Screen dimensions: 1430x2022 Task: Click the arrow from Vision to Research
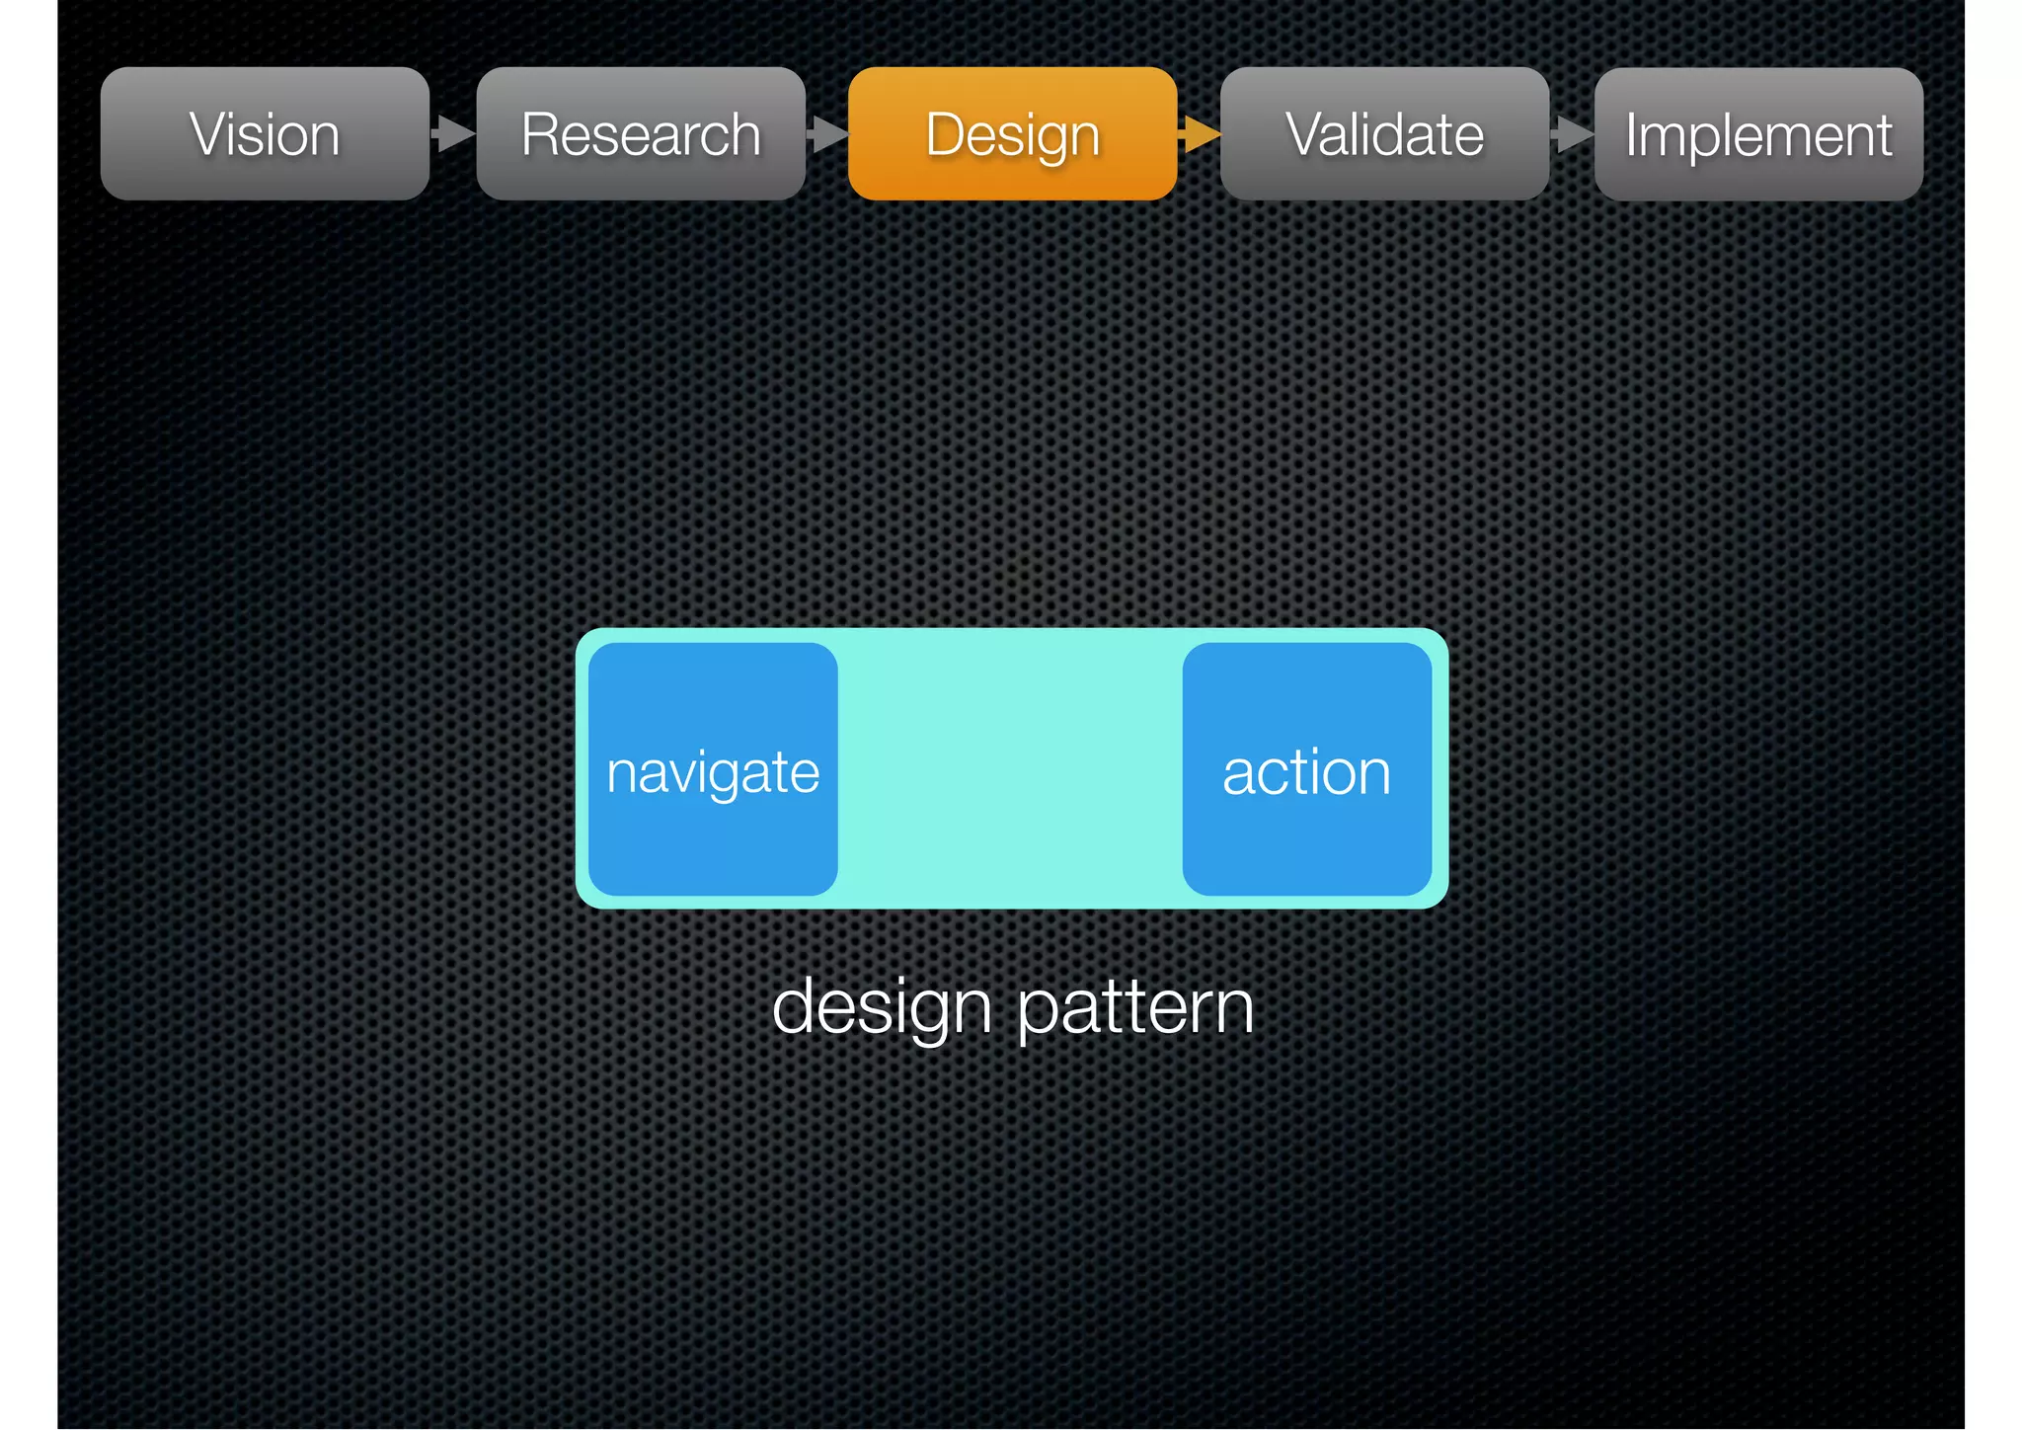click(x=454, y=133)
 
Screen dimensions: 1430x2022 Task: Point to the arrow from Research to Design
click(x=827, y=133)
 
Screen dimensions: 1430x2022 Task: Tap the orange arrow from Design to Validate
click(x=1200, y=133)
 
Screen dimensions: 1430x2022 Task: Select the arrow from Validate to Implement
click(x=1572, y=133)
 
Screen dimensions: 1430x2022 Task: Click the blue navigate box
click(x=713, y=691)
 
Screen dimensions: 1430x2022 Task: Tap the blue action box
click(x=1306, y=691)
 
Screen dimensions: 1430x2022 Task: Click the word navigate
click(x=713, y=773)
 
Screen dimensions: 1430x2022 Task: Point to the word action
click(x=1306, y=773)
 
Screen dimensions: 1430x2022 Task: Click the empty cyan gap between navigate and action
click(x=1010, y=769)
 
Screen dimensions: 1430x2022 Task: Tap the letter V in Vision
click(x=209, y=134)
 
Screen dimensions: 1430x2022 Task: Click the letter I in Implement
click(x=1633, y=134)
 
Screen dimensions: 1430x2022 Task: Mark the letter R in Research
click(x=541, y=134)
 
